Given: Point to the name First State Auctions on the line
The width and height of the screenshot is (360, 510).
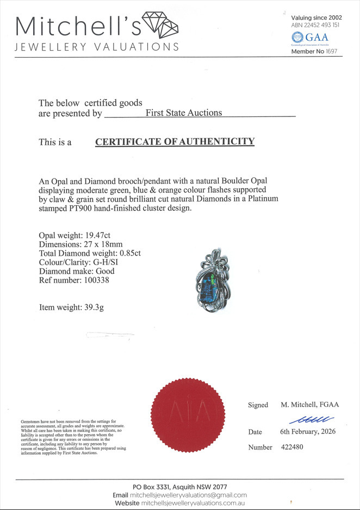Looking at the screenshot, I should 184,113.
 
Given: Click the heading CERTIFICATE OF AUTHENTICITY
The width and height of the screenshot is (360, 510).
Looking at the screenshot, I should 175,142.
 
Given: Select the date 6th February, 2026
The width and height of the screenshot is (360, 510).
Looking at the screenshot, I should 307,432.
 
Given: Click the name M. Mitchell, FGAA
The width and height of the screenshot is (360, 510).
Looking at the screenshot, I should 309,404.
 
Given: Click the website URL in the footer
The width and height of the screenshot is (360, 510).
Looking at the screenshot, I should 195,503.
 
